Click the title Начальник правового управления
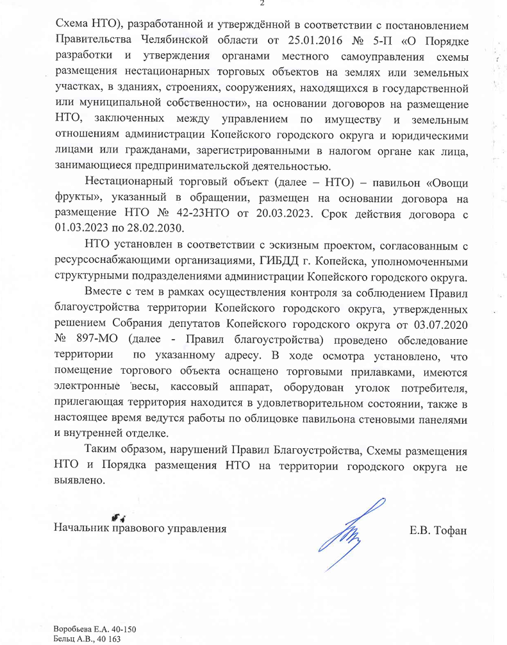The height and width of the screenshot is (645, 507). [140, 529]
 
